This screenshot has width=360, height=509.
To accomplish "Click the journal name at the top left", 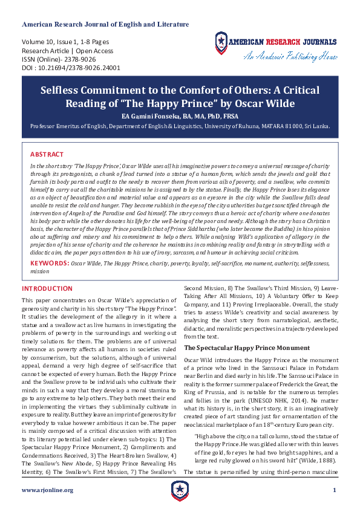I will click(105, 25).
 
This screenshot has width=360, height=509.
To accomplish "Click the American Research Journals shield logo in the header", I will click(223, 43).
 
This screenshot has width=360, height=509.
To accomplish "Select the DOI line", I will click(71, 68).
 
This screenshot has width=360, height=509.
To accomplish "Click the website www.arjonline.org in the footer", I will click(47, 490).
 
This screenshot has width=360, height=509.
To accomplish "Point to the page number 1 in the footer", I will click(334, 490).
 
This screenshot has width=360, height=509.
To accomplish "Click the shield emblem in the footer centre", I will click(180, 490).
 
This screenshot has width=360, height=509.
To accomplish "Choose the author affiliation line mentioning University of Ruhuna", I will click(180, 126).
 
